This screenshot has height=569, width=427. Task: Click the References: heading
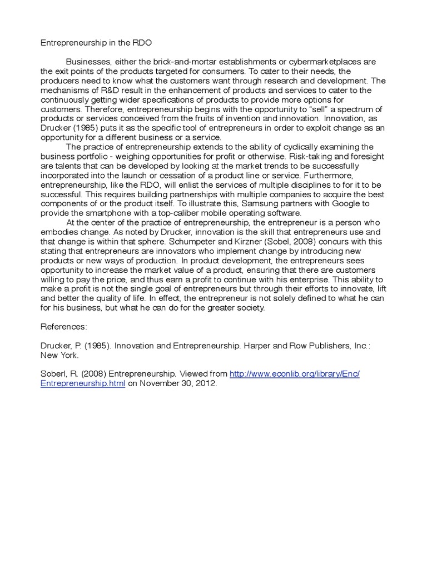pyautogui.click(x=63, y=327)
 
